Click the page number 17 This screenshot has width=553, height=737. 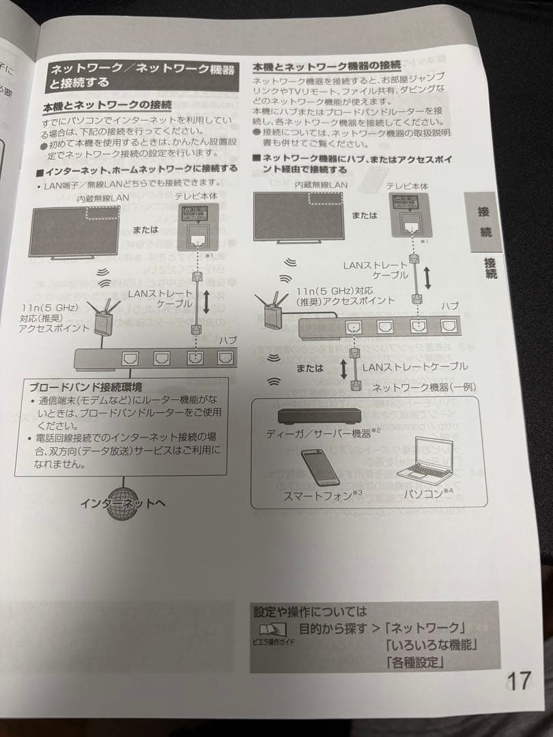(519, 680)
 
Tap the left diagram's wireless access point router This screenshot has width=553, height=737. (103, 319)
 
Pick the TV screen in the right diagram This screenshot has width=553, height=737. (299, 216)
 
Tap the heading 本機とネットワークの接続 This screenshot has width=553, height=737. (107, 106)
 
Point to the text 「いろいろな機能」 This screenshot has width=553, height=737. (432, 644)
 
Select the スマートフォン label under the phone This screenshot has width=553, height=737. (319, 495)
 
